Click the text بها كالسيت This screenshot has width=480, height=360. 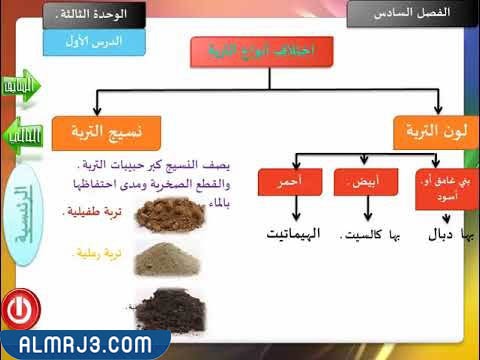pos(366,236)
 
